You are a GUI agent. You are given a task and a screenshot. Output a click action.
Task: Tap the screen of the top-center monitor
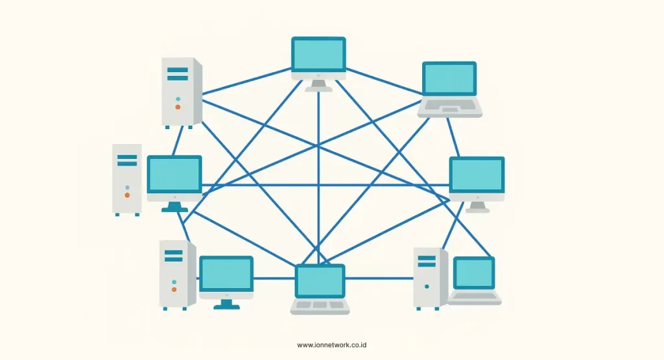coord(318,54)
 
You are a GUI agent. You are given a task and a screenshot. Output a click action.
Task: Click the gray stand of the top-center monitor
coord(318,85)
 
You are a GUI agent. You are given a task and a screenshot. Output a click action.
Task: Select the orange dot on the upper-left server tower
coord(178,106)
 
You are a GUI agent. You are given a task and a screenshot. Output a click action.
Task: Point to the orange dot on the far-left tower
coord(127,195)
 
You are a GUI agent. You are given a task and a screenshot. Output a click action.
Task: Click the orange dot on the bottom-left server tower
coord(174,289)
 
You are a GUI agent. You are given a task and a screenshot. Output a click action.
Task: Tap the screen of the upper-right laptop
coord(449,79)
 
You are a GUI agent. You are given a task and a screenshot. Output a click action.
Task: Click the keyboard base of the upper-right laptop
coord(449,108)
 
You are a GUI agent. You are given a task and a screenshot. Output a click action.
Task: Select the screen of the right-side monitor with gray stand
coord(477,174)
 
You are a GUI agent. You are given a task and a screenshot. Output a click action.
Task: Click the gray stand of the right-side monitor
coord(478,207)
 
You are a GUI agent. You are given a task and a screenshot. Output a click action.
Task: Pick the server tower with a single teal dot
coord(430,278)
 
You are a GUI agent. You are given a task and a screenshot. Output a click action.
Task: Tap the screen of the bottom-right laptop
coord(474,273)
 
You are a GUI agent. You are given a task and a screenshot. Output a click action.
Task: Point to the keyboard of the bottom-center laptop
coord(320,306)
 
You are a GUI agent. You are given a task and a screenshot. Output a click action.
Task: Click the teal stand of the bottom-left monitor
coord(226,302)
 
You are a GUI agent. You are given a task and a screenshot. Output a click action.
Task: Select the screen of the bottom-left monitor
coord(226,273)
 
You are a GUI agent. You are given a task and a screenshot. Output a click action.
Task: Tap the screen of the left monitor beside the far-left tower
coord(174,174)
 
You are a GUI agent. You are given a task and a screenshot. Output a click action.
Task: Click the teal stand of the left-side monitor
coord(174,207)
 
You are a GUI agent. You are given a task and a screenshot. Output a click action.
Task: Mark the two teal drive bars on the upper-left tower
coord(177,73)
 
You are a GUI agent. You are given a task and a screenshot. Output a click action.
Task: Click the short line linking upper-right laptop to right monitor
coord(456,136)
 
